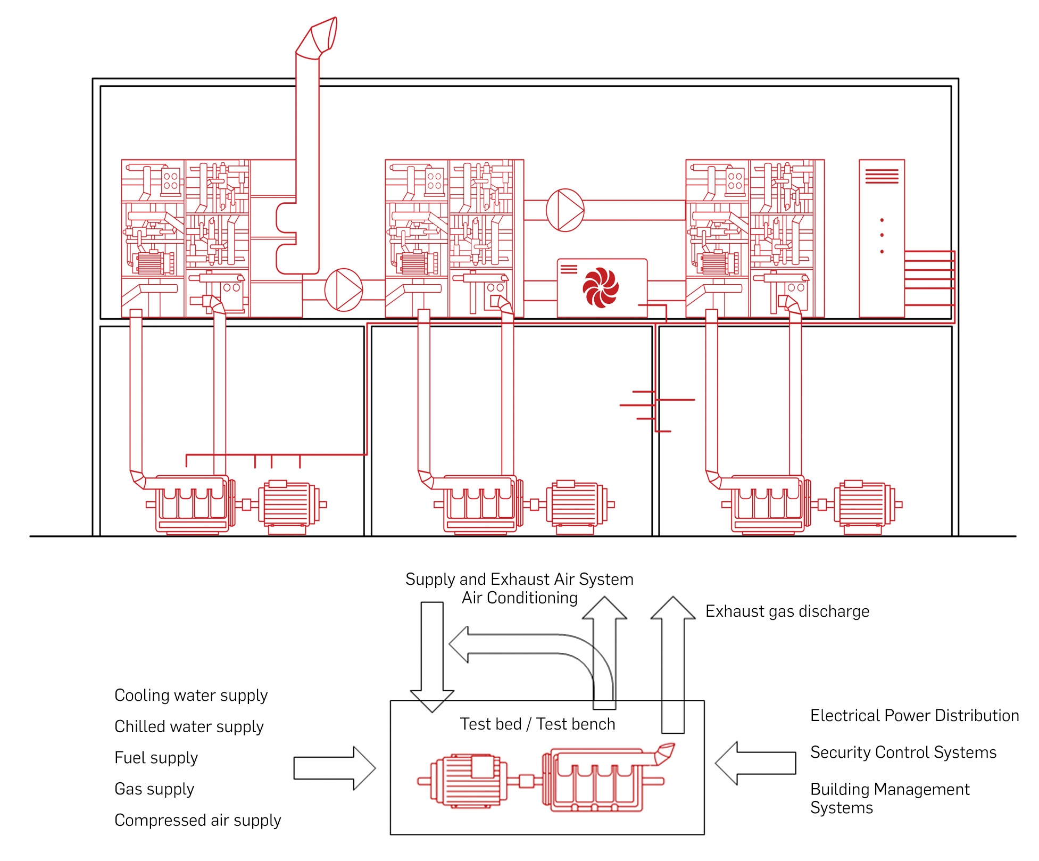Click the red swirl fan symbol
pos(601,288)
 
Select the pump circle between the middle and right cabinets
pos(565,210)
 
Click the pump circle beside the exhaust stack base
pos(344,290)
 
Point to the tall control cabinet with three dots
pos(882,238)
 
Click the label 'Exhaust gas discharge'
pos(787,611)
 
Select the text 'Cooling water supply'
pos(191,696)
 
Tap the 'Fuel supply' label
pos(156,758)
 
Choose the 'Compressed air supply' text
pos(197,821)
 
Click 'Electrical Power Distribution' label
pos(915,716)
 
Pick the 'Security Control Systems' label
pos(903,752)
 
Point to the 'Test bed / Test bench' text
pos(537,724)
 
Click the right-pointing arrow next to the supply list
pos(335,768)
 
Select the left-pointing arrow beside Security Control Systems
pos(755,763)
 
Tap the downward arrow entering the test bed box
pos(432,657)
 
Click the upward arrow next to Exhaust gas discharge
pos(673,665)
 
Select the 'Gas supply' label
pos(154,789)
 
